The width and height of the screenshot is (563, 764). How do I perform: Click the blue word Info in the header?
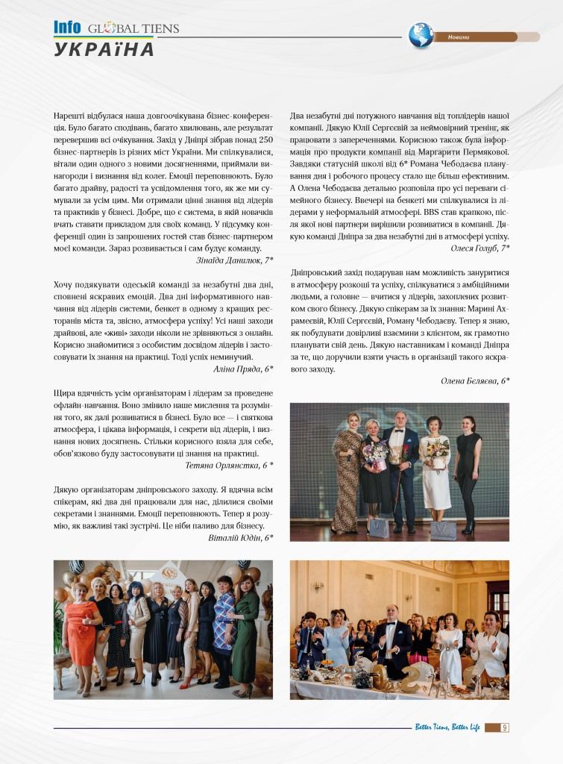point(67,28)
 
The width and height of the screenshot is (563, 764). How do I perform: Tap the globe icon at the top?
point(421,36)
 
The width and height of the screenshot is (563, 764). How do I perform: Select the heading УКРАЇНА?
point(104,50)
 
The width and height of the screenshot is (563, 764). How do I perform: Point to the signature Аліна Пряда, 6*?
point(243,369)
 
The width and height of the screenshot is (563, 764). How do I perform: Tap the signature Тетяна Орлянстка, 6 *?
point(229,465)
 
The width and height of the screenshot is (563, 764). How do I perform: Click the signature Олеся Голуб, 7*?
point(480,247)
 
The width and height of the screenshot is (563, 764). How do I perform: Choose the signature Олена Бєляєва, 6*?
point(475,381)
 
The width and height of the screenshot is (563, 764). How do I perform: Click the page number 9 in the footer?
point(505,727)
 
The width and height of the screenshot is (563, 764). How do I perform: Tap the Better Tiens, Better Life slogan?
point(447,727)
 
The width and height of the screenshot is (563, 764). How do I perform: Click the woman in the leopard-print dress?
point(347,470)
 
